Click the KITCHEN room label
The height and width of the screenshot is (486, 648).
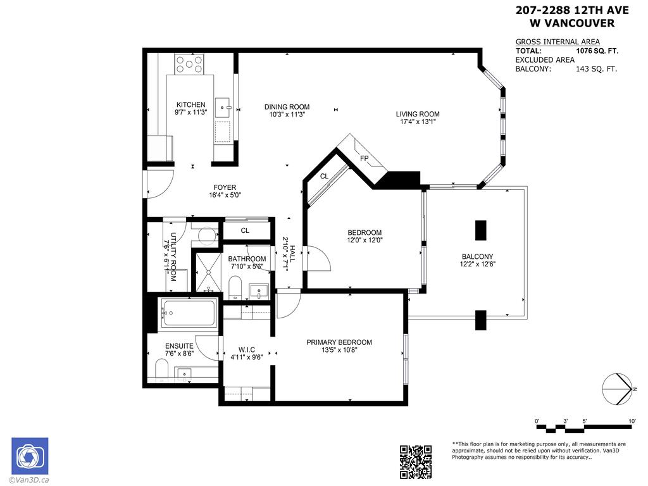pyautogui.click(x=190, y=104)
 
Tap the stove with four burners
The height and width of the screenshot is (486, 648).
pyautogui.click(x=190, y=63)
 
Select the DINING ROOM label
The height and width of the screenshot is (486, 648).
pyautogui.click(x=287, y=107)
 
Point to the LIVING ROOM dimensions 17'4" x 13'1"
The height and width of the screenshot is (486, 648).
pyautogui.click(x=417, y=122)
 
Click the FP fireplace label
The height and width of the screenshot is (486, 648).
pyautogui.click(x=364, y=158)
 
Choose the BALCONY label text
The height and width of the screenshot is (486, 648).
pyautogui.click(x=478, y=256)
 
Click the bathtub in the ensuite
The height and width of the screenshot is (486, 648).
pyautogui.click(x=188, y=313)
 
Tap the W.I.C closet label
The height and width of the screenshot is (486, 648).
pyautogui.click(x=246, y=349)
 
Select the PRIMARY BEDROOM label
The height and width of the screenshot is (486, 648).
pyautogui.click(x=339, y=342)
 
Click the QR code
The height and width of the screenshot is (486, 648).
pyautogui.click(x=416, y=462)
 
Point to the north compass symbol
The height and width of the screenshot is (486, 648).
pyautogui.click(x=618, y=388)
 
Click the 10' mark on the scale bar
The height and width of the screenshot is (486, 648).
pyautogui.click(x=632, y=421)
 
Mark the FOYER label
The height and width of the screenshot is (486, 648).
pyautogui.click(x=225, y=187)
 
